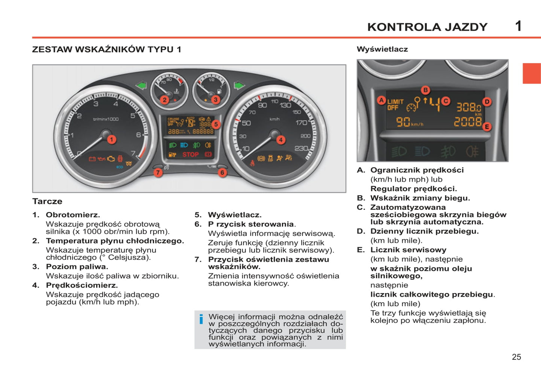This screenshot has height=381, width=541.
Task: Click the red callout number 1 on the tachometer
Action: tap(111, 140)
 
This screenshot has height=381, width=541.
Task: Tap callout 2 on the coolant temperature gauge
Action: tap(164, 100)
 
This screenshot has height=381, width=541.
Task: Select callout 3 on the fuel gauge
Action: tap(215, 100)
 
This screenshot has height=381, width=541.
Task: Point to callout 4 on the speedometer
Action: tap(281, 140)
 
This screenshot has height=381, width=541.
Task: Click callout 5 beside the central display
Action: tap(216, 124)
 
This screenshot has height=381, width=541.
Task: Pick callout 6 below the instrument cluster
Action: tap(222, 172)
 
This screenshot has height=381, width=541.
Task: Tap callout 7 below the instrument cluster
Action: tap(158, 172)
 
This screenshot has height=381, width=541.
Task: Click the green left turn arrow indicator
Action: tap(141, 86)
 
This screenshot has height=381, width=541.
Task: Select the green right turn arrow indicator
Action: tap(239, 86)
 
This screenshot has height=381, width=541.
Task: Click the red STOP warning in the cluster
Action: tap(190, 154)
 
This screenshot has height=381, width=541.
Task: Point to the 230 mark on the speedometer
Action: tap(301, 148)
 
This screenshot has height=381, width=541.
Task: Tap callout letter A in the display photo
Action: tap(381, 100)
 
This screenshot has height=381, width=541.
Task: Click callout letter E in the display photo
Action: tap(487, 127)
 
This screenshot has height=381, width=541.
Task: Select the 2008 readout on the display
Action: tap(468, 122)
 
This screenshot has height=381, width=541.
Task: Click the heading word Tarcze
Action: tap(47, 201)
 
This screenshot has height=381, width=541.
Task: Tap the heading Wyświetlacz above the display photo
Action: tap(382, 49)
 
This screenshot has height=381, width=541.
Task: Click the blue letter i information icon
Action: tap(201, 319)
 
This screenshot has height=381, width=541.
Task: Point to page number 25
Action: tap(516, 357)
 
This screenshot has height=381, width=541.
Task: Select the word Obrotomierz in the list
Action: tap(73, 215)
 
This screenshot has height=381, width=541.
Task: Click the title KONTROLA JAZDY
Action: tap(427, 27)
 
